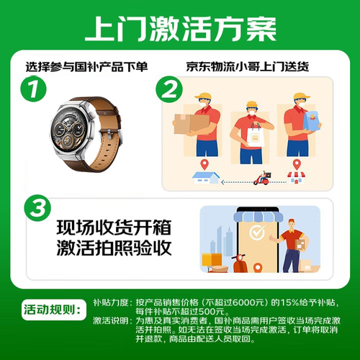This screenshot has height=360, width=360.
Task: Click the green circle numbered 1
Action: click(33, 89)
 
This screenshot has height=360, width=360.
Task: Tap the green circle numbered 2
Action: click(169, 89)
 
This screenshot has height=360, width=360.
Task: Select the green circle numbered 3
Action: click(37, 208)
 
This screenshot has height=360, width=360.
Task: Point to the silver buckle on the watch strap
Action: click(109, 135)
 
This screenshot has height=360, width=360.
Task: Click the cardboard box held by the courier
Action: click(191, 124)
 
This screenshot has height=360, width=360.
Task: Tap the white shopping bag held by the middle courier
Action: click(255, 135)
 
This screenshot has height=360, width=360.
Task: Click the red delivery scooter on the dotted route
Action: click(262, 178)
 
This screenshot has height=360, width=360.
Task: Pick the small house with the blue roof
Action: click(206, 178)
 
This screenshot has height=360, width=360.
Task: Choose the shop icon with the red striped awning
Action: click(297, 177)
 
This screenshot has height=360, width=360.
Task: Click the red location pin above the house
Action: click(204, 164)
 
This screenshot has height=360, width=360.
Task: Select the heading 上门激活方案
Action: click(181, 29)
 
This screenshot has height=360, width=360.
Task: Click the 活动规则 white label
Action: click(54, 310)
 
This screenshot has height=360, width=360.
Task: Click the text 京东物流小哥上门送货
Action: click(248, 67)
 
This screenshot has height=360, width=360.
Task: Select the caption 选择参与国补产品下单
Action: click(86, 67)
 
